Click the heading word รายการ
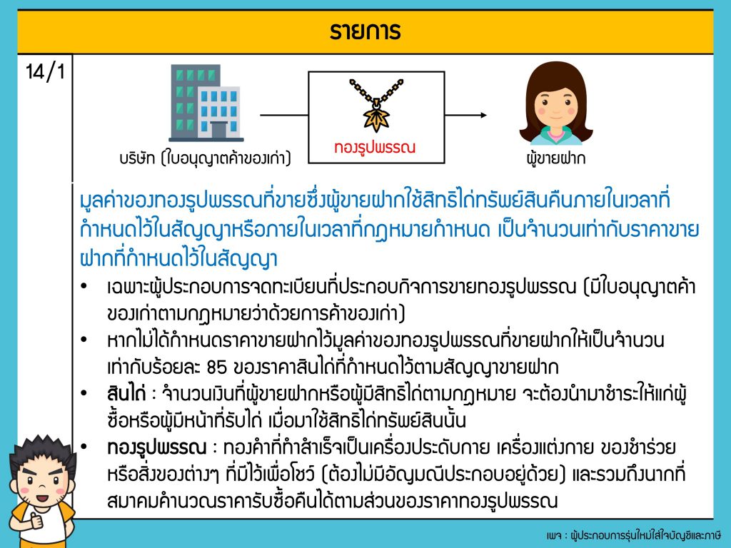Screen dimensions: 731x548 (365, 31)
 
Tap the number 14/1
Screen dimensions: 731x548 (45, 72)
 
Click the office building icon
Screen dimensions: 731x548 (206, 103)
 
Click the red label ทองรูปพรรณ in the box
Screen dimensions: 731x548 (375, 148)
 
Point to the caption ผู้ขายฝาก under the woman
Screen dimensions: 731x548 (555, 158)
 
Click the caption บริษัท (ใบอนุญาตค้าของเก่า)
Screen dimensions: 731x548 (205, 158)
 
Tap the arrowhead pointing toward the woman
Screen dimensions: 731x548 (483, 115)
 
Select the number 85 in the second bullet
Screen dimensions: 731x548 (216, 367)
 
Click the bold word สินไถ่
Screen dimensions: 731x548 (126, 394)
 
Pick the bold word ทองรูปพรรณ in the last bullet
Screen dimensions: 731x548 (156, 448)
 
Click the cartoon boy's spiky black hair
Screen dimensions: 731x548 (43, 451)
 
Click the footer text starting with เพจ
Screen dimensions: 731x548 (634, 535)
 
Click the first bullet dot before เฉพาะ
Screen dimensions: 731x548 (84, 285)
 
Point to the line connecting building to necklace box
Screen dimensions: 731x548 (284, 115)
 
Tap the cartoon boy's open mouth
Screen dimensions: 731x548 (42, 498)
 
